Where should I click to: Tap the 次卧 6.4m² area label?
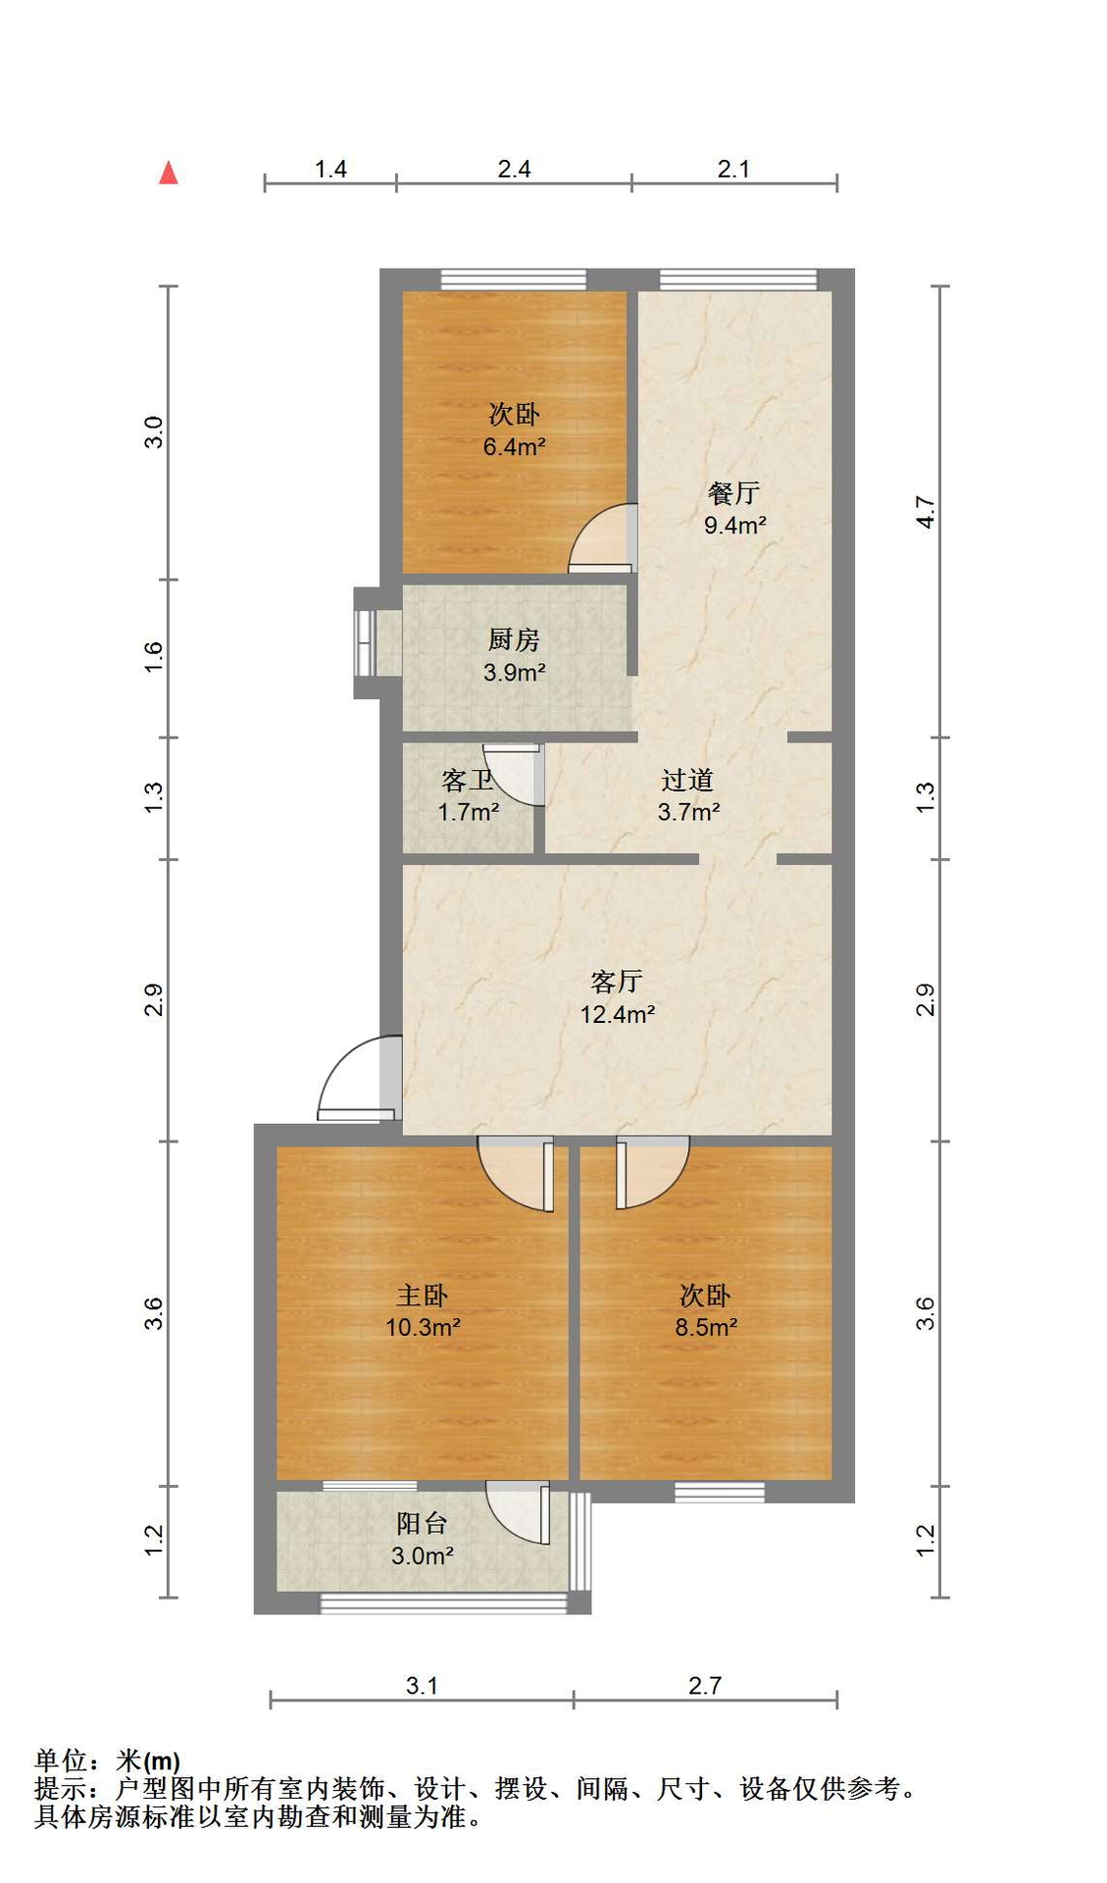tap(514, 430)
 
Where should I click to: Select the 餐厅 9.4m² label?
tap(734, 508)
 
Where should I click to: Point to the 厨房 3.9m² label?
tap(514, 655)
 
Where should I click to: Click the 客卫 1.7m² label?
tap(468, 795)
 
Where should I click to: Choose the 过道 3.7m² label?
tap(687, 795)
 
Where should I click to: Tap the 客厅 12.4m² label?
tap(617, 997)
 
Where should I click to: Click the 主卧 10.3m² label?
tap(423, 1311)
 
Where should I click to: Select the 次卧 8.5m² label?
tap(706, 1311)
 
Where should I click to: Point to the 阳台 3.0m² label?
tap(423, 1539)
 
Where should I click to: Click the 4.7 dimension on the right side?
tap(925, 513)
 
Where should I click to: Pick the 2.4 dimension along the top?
tap(514, 169)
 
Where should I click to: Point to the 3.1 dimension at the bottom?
tap(422, 1685)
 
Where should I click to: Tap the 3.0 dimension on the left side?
tap(154, 433)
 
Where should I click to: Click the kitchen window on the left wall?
tap(365, 643)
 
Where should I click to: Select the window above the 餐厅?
tap(737, 280)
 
